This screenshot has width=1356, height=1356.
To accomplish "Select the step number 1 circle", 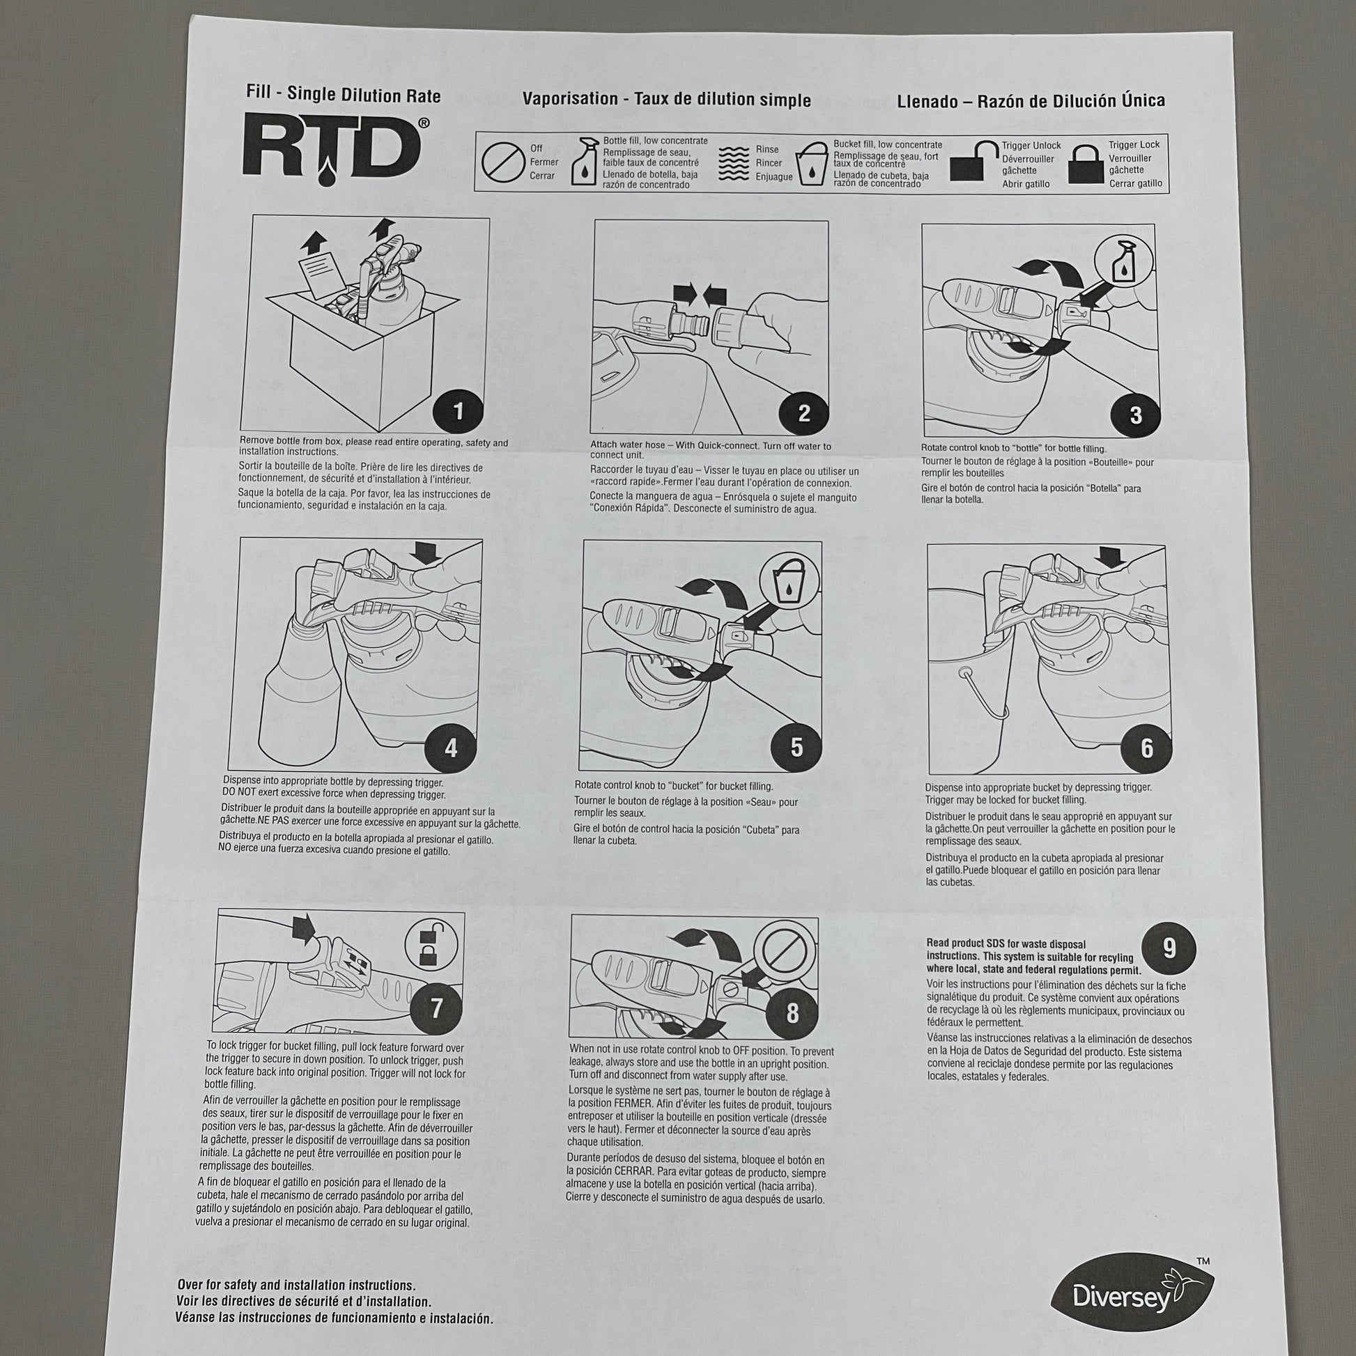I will [459, 410].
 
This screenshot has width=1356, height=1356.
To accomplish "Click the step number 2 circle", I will [803, 413].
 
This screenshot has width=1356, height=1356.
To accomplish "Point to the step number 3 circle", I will [1135, 415].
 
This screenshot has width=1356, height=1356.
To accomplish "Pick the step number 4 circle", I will [451, 748].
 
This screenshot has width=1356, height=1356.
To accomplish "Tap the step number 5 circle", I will [796, 747].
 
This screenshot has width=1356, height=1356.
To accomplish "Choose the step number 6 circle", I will [1146, 748].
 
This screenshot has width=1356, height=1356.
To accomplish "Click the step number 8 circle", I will [792, 1012].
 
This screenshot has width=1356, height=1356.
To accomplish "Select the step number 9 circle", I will [1169, 948].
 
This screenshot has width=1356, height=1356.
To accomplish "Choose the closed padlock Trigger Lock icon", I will [1085, 166].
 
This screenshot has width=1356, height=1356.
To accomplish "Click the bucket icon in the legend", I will [812, 164].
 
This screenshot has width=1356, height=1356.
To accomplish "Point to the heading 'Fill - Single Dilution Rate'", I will [344, 95].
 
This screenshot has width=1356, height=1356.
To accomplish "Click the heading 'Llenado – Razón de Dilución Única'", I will [1031, 101].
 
